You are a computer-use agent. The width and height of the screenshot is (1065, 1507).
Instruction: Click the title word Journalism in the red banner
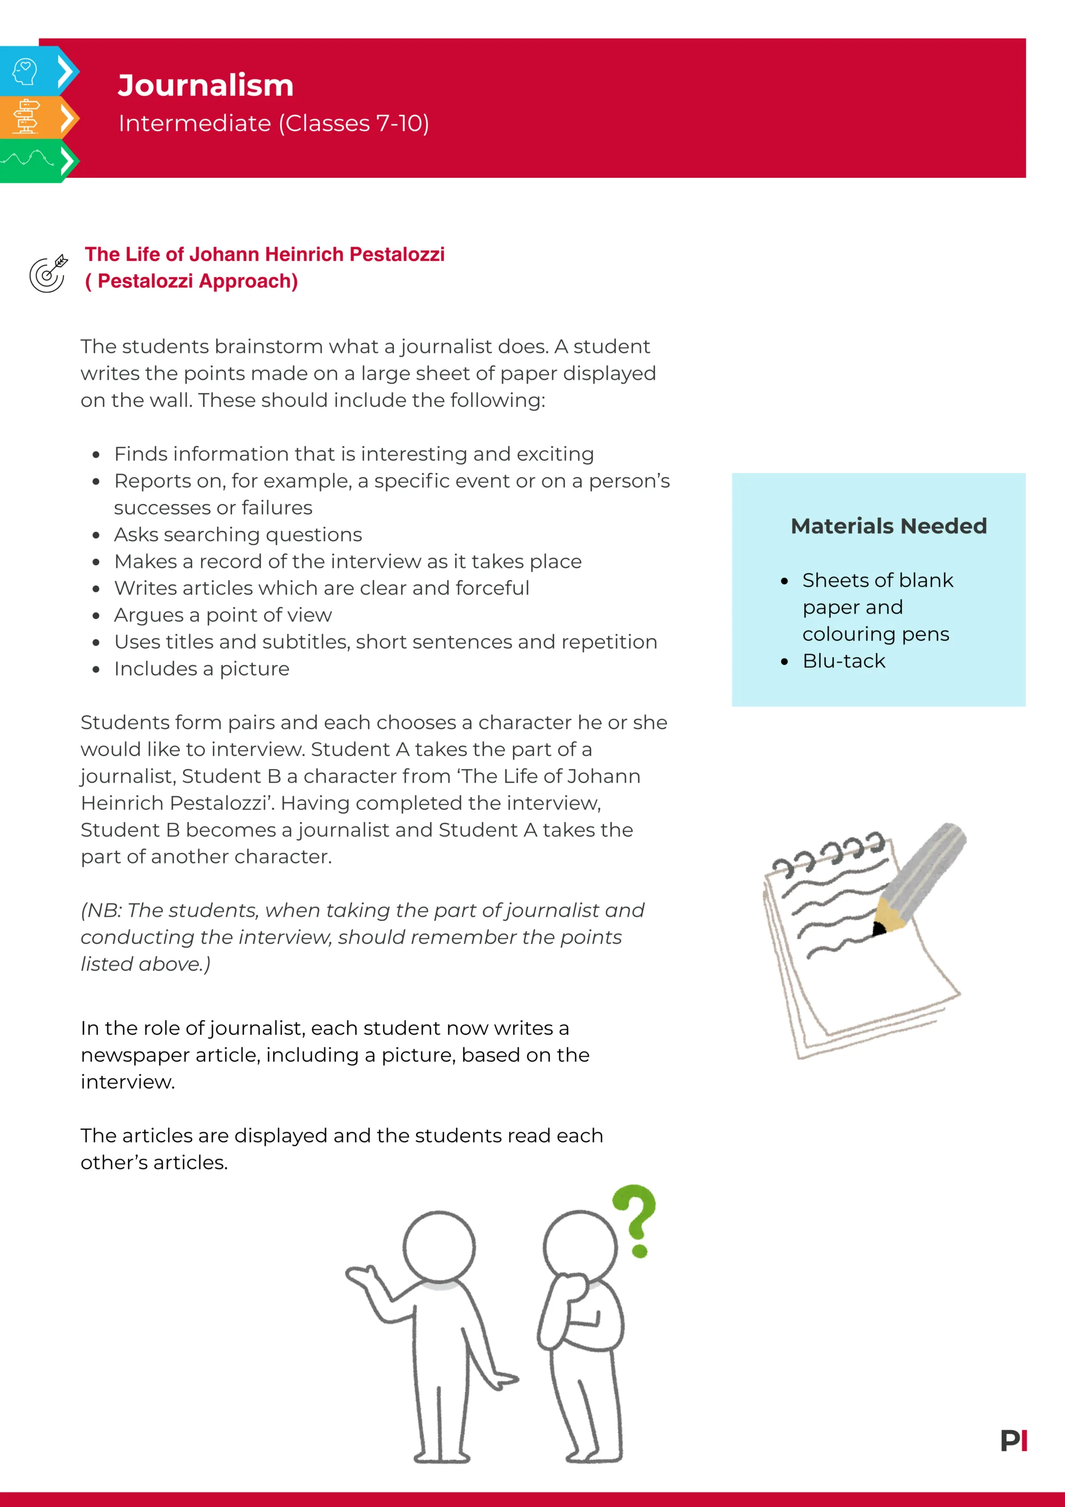(x=206, y=85)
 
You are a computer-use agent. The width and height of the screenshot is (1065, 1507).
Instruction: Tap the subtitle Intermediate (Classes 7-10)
(x=274, y=124)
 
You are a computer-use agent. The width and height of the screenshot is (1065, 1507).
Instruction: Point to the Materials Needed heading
(x=889, y=526)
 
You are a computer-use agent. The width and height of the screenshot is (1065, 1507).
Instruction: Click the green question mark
(x=635, y=1219)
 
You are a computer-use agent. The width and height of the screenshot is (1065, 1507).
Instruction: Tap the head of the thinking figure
(x=580, y=1247)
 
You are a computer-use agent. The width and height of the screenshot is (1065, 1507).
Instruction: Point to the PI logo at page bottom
(x=1014, y=1441)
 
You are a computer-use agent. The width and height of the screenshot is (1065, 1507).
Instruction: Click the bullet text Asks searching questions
(x=237, y=534)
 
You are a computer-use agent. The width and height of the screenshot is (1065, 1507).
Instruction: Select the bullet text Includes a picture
(x=201, y=669)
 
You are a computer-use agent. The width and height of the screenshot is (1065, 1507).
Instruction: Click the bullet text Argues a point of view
(x=223, y=615)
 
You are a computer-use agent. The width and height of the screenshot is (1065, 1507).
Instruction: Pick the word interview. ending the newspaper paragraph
(x=127, y=1082)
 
